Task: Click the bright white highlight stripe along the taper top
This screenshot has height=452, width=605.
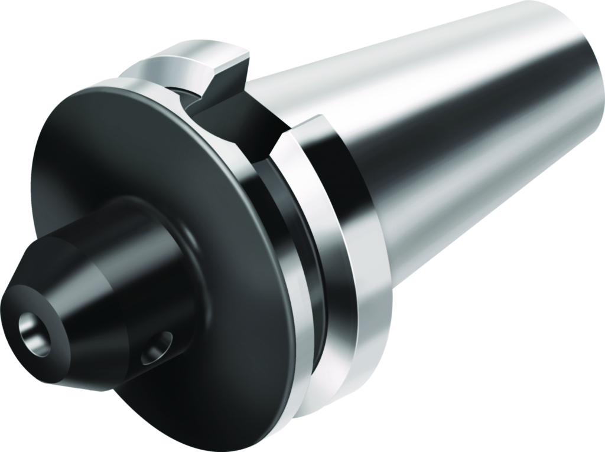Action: pos(414,65)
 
